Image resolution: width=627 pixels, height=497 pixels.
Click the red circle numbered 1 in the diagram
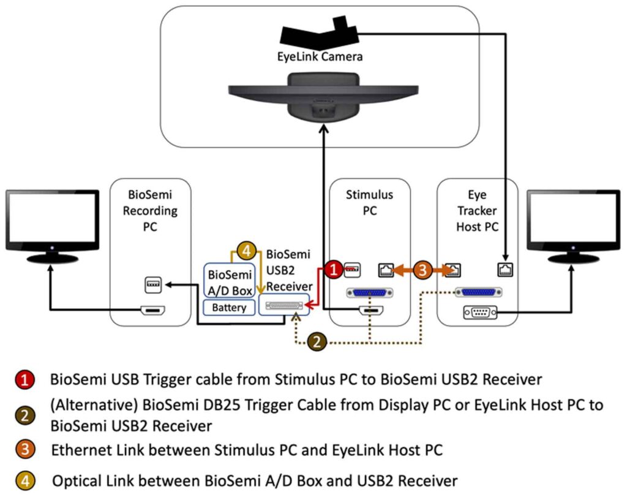[332, 269]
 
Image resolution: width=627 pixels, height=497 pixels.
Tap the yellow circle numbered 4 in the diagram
[245, 251]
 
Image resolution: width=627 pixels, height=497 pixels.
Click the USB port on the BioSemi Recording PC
[151, 284]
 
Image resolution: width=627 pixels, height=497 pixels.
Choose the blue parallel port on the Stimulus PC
[369, 293]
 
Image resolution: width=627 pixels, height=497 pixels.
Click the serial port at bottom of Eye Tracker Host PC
[478, 313]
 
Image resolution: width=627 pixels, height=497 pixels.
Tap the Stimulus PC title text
[369, 203]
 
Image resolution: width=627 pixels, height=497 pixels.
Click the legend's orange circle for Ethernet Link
[24, 450]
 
